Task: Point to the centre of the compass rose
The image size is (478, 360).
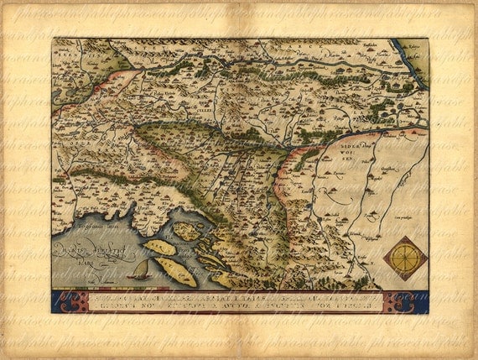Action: click(405, 258)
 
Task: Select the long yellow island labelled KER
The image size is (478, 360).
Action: click(158, 248)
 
